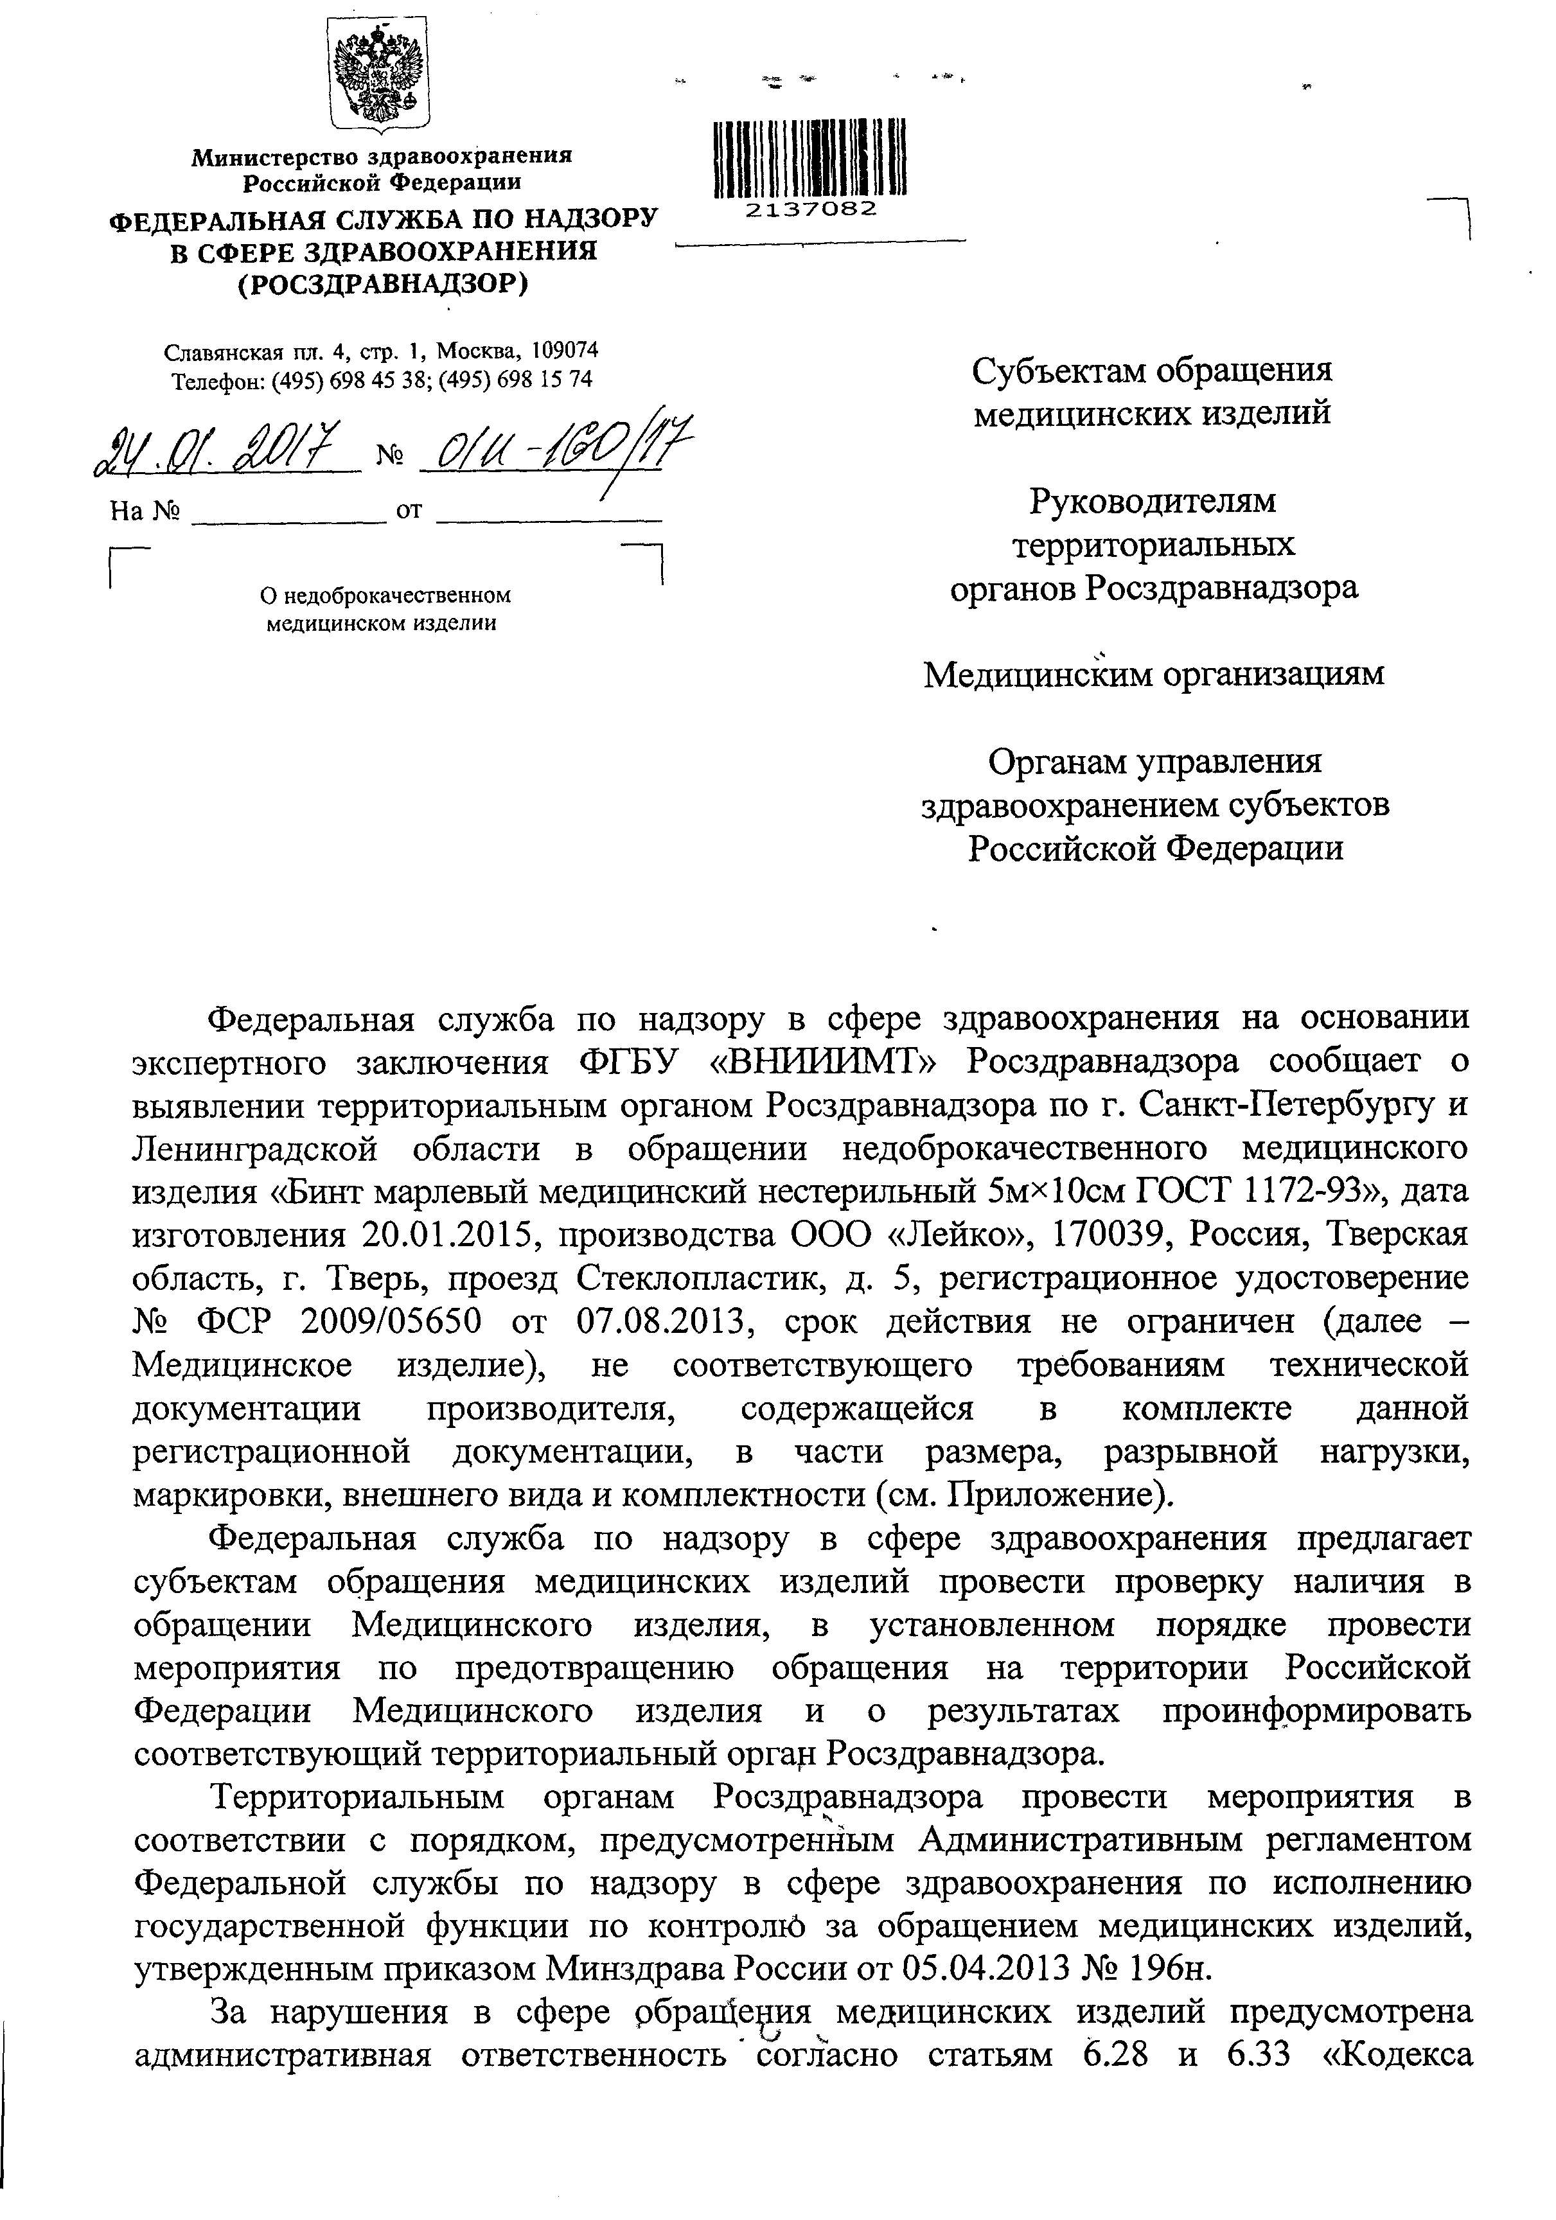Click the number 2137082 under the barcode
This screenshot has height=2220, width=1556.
click(810, 209)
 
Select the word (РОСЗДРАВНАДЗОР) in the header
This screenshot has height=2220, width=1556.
click(383, 283)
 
